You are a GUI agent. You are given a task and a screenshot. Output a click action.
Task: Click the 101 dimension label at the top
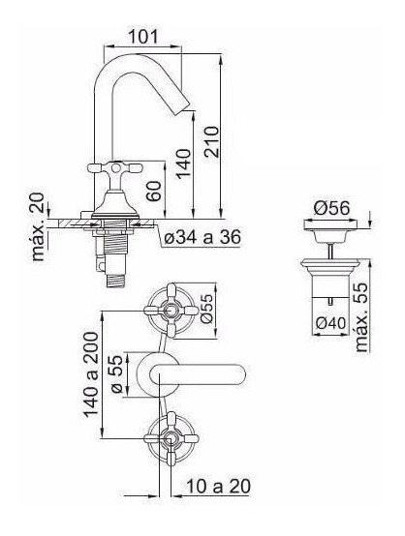pyautogui.click(x=143, y=37)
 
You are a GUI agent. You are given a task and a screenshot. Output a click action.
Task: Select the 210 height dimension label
pyautogui.click(x=211, y=142)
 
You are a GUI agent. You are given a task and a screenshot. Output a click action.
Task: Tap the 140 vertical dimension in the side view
pyautogui.click(x=183, y=164)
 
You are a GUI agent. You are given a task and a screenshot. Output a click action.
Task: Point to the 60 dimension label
pyautogui.click(x=154, y=191)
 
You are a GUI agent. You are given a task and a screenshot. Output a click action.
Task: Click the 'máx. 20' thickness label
pyautogui.click(x=38, y=227)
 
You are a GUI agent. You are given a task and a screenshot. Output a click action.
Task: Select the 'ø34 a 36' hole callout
pyautogui.click(x=202, y=237)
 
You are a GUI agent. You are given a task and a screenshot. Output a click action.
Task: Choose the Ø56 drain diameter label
pyautogui.click(x=331, y=208)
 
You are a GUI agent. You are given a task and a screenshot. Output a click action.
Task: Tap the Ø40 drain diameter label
pyautogui.click(x=330, y=323)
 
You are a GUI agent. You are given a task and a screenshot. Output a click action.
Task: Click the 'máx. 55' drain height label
pyautogui.click(x=361, y=317)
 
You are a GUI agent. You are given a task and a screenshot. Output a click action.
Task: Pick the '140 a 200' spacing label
pyautogui.click(x=91, y=374)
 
